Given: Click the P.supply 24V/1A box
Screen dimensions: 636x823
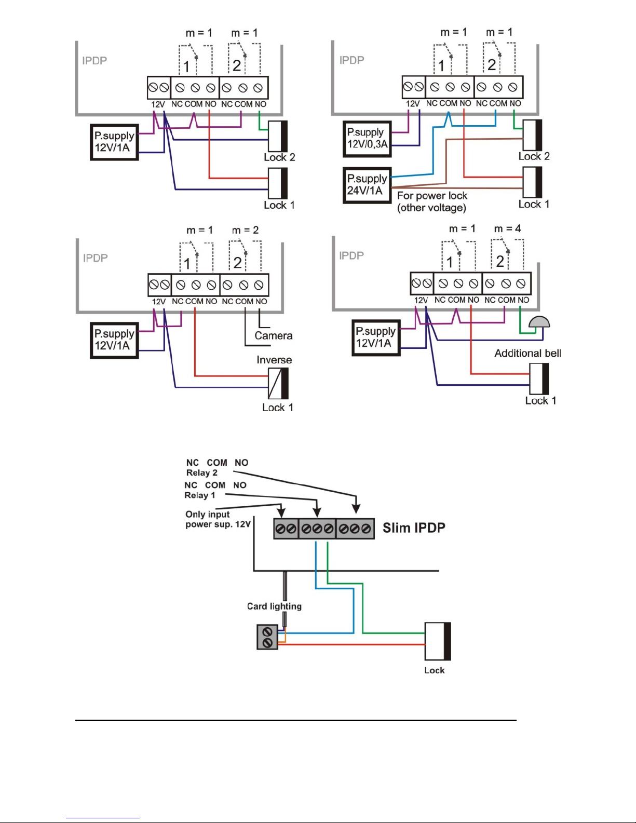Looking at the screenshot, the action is (x=367, y=185).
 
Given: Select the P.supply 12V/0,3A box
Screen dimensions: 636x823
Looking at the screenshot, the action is (x=367, y=139).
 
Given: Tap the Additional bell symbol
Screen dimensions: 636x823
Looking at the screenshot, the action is (x=539, y=322).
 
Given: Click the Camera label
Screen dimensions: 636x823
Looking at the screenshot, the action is (x=273, y=335).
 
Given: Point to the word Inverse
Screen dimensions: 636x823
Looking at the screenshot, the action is (x=274, y=359).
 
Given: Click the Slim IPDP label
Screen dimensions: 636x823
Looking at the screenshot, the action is (x=414, y=528).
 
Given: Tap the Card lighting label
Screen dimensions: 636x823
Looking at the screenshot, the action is (x=274, y=606).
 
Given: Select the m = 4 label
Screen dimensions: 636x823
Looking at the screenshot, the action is (x=507, y=228).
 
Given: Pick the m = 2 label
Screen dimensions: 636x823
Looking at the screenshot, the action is (x=245, y=230).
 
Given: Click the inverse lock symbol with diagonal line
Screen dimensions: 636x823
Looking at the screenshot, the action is (x=278, y=384).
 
